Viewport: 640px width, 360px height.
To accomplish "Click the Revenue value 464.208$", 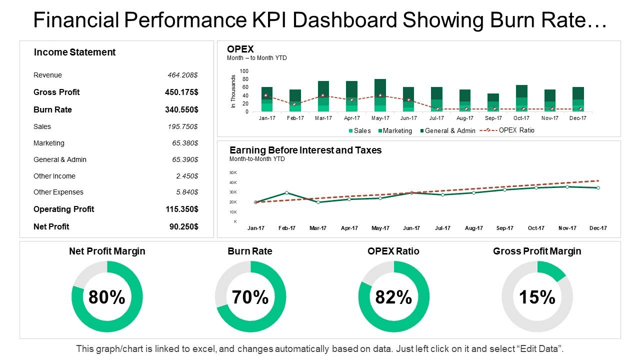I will tap(182, 75).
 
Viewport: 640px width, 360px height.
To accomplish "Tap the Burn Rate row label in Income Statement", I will tap(52, 109).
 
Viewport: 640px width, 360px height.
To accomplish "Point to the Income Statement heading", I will tap(74, 52).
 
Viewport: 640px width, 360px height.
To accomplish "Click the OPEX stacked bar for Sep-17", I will tap(493, 102).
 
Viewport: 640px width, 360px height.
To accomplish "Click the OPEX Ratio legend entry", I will tap(516, 130).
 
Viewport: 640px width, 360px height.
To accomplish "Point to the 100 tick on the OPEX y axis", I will tap(244, 71).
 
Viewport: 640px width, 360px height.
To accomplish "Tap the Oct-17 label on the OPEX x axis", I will tap(521, 118).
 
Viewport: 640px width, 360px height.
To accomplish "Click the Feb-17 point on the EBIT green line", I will tap(286, 192).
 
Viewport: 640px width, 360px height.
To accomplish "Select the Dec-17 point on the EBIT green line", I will tap(598, 187).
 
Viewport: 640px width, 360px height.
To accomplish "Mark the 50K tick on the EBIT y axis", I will tap(233, 172).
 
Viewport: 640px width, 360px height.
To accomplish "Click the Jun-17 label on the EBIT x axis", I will tap(411, 228).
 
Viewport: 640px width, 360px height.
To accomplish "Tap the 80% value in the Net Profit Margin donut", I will tap(107, 297).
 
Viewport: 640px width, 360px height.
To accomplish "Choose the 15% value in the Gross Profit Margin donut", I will tap(537, 297).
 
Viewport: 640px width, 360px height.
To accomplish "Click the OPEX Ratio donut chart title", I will tap(393, 251).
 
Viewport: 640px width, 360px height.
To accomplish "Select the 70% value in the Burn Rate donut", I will tap(250, 297).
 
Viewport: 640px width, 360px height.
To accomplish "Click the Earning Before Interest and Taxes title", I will tap(305, 150).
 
